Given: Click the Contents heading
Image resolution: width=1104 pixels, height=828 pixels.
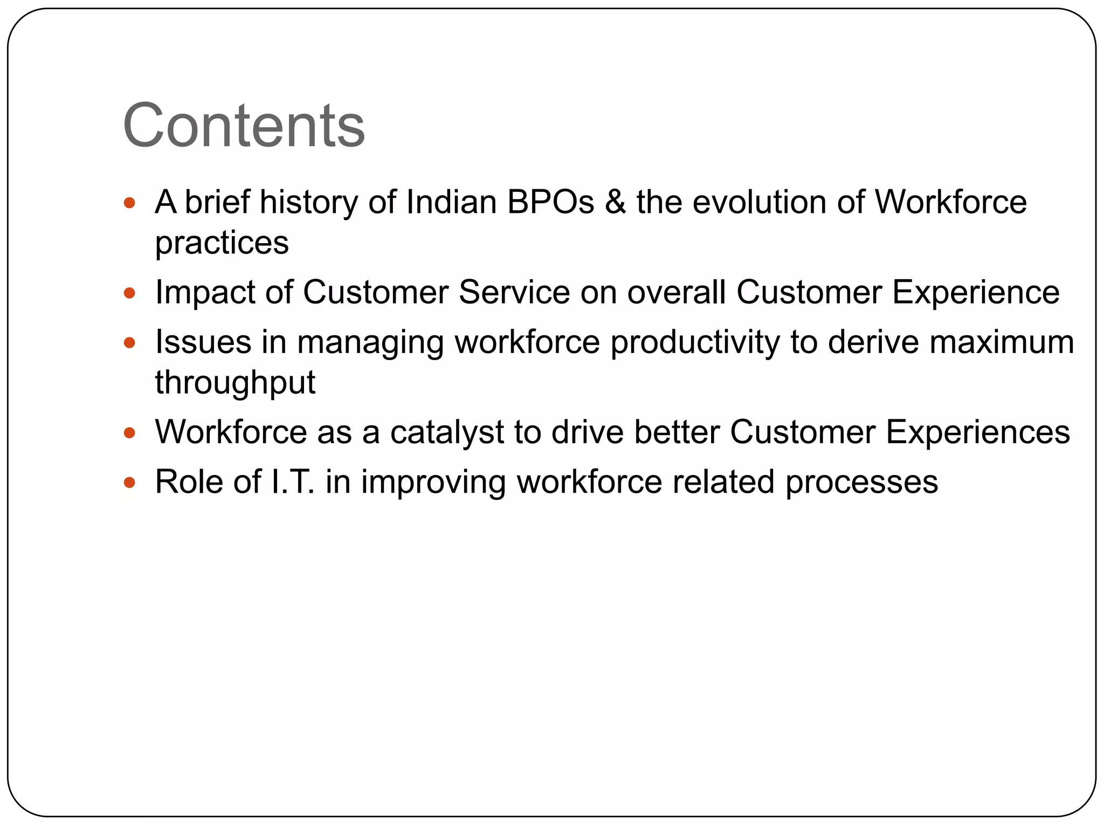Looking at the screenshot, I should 244,125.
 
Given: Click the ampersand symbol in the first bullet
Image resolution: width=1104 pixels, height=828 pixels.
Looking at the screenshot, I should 615,202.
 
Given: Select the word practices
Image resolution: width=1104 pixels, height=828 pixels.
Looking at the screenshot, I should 222,243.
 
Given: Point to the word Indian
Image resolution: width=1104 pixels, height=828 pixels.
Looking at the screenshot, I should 451,202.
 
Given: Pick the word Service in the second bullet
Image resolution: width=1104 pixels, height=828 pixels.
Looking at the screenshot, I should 514,292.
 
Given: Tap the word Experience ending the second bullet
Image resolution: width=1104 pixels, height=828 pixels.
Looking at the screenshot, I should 976,292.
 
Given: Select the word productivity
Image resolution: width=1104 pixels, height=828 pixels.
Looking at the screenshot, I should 695,343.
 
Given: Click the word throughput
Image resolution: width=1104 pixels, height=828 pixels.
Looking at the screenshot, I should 235,383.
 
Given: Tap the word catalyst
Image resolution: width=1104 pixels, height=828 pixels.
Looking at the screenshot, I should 447,432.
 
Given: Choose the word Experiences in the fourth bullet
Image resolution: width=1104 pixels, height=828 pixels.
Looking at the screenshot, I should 977,432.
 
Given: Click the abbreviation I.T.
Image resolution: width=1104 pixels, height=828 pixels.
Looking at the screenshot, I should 293,481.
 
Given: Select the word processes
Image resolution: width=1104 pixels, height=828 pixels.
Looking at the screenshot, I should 861,482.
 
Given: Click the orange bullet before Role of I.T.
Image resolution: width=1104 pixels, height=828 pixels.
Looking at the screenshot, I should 129,482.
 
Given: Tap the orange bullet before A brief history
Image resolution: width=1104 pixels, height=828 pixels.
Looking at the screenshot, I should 129,203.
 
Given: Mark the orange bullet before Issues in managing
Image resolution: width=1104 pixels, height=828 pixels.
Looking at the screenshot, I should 129,343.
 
